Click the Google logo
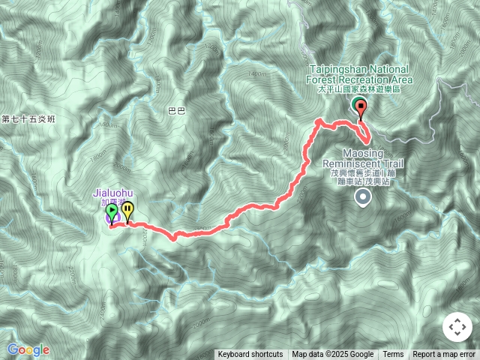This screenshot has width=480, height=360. [x=28, y=349]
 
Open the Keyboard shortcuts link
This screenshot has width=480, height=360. [x=250, y=355]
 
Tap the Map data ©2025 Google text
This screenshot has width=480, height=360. [x=333, y=355]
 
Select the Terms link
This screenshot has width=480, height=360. [x=393, y=355]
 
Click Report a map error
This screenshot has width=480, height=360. [x=444, y=355]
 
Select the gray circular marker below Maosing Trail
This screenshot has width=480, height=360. [x=363, y=198]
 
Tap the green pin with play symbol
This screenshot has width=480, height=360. [x=112, y=214]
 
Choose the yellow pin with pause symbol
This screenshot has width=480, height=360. [x=127, y=212]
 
